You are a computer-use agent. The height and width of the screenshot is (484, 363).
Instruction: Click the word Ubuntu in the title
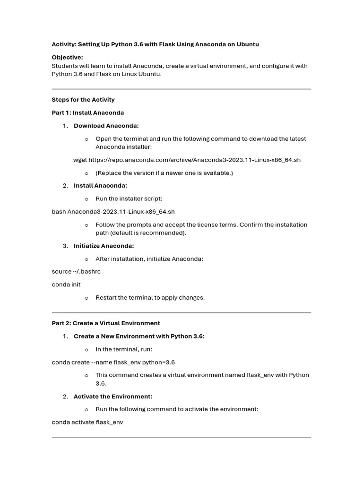tap(247, 44)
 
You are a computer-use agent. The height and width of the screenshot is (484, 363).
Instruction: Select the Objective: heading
tap(67, 58)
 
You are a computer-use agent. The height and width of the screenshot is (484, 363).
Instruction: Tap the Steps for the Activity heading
tap(83, 100)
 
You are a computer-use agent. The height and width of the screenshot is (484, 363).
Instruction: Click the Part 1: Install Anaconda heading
tap(87, 113)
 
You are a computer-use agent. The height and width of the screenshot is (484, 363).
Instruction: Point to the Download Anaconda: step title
tap(106, 126)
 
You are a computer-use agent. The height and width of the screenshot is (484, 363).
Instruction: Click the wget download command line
tap(187, 160)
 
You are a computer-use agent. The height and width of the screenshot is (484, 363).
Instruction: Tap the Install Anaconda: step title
tap(100, 186)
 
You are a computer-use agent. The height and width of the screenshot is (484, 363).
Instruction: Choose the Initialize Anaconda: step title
tap(104, 246)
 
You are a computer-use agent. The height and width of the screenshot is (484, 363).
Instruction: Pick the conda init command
tap(66, 285)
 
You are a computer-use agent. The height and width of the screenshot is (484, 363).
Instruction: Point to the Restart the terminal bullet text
tap(150, 298)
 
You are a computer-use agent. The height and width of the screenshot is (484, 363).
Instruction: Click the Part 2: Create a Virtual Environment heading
tap(106, 323)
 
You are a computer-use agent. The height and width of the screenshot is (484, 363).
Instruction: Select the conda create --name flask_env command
tap(113, 363)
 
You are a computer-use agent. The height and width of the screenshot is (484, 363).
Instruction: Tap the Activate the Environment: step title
tap(112, 397)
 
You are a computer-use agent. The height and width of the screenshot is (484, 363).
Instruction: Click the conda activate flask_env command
tap(87, 422)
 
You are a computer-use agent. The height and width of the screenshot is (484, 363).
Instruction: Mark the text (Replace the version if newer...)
tap(164, 173)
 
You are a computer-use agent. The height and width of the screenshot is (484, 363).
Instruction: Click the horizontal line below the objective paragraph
tap(181, 89)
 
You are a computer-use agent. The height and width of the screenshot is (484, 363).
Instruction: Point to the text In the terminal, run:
tap(124, 349)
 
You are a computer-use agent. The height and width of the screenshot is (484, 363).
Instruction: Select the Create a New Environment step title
tap(139, 337)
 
